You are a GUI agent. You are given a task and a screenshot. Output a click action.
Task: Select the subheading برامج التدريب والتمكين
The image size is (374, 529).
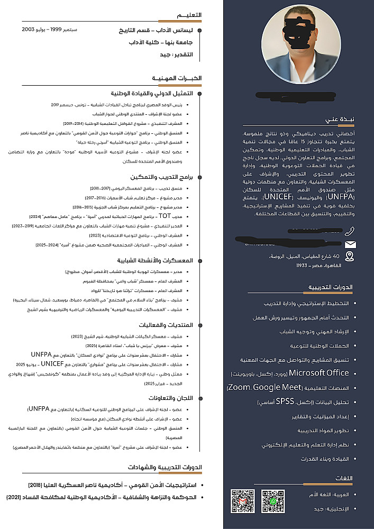pos(167,177)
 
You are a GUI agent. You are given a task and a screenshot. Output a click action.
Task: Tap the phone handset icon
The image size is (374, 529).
pos(349,231)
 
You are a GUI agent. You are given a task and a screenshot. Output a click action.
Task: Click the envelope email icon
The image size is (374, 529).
pos(350,244)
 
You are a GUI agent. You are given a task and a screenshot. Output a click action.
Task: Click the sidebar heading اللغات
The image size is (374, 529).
pos(344,478)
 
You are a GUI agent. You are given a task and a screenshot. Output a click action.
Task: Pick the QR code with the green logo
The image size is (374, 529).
pos(273,501)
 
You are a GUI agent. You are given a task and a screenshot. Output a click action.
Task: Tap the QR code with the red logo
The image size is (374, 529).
pos(242,501)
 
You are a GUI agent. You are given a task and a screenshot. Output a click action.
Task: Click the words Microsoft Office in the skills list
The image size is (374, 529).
pos(319,373)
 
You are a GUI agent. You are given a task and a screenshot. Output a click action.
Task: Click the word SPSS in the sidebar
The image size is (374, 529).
pos(284,401)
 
